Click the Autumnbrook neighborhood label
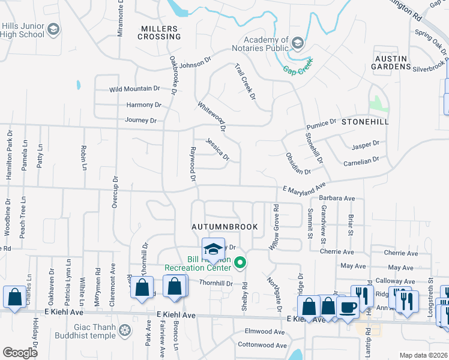(x=224, y=227)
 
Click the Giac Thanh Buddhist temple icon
(x=125, y=329)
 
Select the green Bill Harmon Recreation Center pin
(x=241, y=262)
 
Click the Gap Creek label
(x=298, y=70)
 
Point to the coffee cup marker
(x=348, y=307)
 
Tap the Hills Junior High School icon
(x=53, y=29)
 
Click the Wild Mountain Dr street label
(x=134, y=89)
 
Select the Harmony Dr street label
(x=144, y=104)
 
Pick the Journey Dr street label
(x=140, y=120)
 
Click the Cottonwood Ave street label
(x=262, y=345)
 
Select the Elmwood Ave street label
(x=265, y=331)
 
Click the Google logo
(x=20, y=353)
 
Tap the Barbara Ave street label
(x=337, y=198)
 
